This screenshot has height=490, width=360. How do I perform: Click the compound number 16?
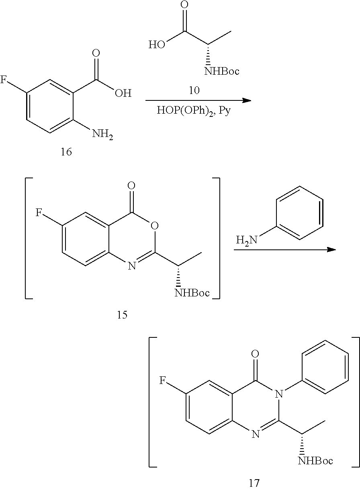[66, 153]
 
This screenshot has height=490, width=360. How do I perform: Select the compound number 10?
[194, 90]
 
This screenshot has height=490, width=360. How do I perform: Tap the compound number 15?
[122, 315]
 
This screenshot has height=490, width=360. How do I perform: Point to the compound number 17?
[254, 483]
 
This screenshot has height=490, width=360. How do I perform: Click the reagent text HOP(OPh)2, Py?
[194, 111]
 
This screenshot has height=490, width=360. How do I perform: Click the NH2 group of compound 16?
[102, 134]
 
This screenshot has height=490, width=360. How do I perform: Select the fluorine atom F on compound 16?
[3, 80]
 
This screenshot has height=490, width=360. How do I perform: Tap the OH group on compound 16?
[123, 94]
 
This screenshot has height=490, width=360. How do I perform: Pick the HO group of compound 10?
[157, 44]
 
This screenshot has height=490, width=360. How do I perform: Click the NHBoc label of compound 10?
[222, 71]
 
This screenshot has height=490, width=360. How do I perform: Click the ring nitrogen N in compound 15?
[131, 266]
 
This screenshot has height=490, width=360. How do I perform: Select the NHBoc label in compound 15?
[192, 293]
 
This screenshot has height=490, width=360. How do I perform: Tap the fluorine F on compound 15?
[39, 212]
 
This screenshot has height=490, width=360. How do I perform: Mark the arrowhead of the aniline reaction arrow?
[331, 249]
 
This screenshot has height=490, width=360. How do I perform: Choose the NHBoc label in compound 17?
[315, 461]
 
